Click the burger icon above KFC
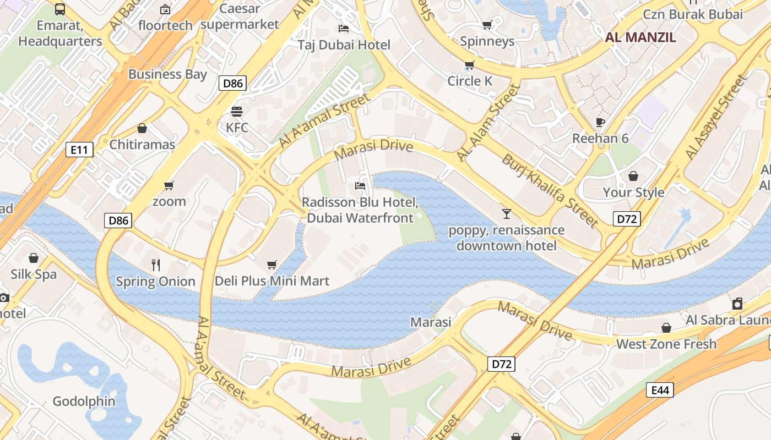[237, 112]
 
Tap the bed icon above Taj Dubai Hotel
[344, 29]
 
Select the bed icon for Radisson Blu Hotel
[360, 186]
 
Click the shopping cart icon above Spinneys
[487, 25]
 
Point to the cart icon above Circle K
[469, 65]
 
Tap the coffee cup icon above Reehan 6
[600, 122]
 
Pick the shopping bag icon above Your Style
[633, 176]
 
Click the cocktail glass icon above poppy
[506, 213]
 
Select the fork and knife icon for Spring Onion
[156, 265]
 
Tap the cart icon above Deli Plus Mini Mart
[272, 265]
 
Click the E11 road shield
[79, 149]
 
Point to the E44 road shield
[660, 390]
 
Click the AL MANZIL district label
[640, 37]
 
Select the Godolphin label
[84, 401]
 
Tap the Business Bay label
[167, 74]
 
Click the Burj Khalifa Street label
[549, 190]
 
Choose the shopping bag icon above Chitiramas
[142, 129]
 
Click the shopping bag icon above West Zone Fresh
[666, 328]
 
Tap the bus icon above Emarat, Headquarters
[60, 9]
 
